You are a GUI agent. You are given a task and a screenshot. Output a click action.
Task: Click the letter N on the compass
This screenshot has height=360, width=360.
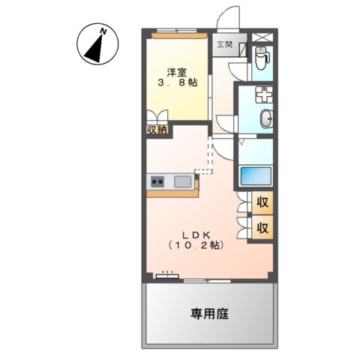pyautogui.click(x=103, y=31)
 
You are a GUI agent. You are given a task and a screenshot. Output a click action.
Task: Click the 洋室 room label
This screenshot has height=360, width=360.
pyautogui.click(x=177, y=73)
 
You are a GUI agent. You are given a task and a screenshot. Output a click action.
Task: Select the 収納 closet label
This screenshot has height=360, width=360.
pyautogui.click(x=157, y=129)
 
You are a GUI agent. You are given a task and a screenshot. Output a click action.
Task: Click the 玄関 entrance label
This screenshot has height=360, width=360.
pyautogui.click(x=224, y=45)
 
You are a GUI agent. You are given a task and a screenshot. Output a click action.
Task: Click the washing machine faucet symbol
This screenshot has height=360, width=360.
pyautogui.click(x=262, y=96)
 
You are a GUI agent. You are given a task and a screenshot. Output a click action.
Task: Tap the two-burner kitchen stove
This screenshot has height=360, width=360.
pyautogui.click(x=158, y=181)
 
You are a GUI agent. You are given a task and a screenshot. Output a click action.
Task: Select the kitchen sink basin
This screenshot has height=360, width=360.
pyautogui.click(x=182, y=181)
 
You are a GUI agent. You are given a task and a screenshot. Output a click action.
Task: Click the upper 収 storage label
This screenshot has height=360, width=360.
pyautogui.click(x=263, y=202)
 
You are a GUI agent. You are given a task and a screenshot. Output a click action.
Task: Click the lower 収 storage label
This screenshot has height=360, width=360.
pyautogui.click(x=263, y=227)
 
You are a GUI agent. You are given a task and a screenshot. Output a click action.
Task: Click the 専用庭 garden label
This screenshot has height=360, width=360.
pyautogui.click(x=209, y=313)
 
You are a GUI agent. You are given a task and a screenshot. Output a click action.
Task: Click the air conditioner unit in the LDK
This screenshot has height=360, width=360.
pyautogui.click(x=166, y=275)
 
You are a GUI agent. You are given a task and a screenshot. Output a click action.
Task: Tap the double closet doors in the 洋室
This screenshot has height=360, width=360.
pyautogui.click(x=157, y=116)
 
